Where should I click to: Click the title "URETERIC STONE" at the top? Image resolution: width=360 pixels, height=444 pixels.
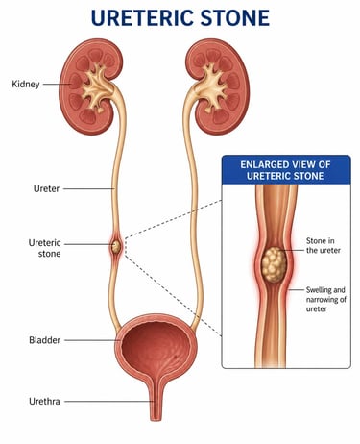click(x=180, y=16)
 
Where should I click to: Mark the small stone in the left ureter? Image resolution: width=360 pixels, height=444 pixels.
click(x=116, y=247)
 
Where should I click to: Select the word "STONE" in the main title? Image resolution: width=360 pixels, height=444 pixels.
click(x=234, y=16)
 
